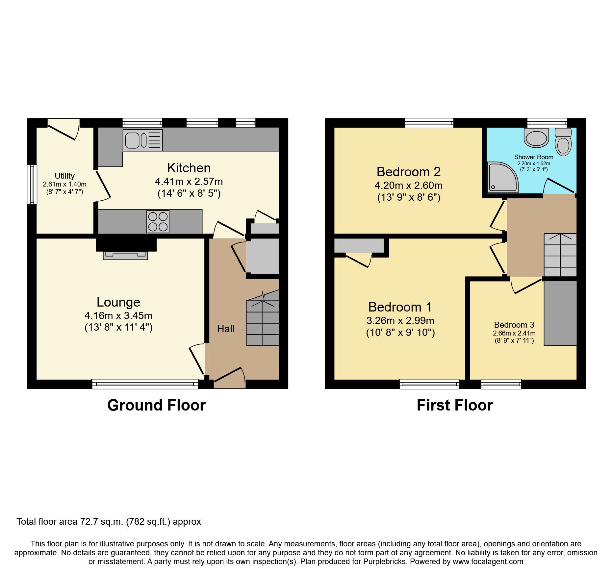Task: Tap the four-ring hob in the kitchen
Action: pyautogui.click(x=158, y=222)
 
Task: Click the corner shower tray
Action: pyautogui.click(x=502, y=178)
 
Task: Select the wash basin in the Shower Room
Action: pyautogui.click(x=536, y=138)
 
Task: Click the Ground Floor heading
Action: pyautogui.click(x=156, y=405)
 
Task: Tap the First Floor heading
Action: pyautogui.click(x=454, y=405)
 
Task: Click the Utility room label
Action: pyautogui.click(x=64, y=176)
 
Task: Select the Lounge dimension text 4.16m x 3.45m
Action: pyautogui.click(x=118, y=316)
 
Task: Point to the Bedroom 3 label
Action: pyautogui.click(x=514, y=325)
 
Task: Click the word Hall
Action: pyautogui.click(x=226, y=329)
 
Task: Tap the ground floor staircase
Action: pyautogui.click(x=262, y=319)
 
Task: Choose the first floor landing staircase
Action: pyautogui.click(x=560, y=255)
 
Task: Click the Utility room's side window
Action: pyautogui.click(x=32, y=184)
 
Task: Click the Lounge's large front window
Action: pyautogui.click(x=145, y=384)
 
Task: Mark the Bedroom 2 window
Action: pyautogui.click(x=429, y=123)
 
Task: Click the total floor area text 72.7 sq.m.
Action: pyautogui.click(x=109, y=522)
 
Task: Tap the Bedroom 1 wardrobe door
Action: pyautogui.click(x=359, y=260)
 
